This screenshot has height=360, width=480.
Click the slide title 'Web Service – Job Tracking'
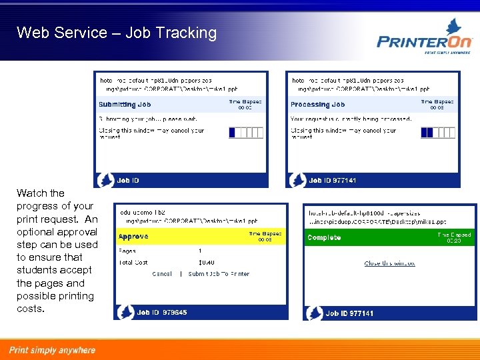[x=117, y=33]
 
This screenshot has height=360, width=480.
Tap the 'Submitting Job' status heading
[x=125, y=105]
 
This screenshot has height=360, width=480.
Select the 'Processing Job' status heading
[x=317, y=105]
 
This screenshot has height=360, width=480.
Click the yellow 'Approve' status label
[x=133, y=237]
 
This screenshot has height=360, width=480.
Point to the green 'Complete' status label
[x=324, y=237]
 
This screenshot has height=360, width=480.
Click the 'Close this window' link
[x=389, y=263]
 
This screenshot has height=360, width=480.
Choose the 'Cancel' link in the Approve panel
[x=162, y=274]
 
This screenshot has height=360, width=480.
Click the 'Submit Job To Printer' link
[x=219, y=274]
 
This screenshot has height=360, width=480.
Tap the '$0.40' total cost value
[x=206, y=263]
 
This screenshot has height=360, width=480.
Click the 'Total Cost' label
[x=133, y=263]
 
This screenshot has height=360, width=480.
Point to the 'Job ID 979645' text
[x=161, y=312]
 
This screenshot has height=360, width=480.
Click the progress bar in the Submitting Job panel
[x=246, y=132]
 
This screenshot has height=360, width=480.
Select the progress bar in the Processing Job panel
[x=438, y=132]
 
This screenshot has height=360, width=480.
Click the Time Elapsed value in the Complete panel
[x=453, y=241]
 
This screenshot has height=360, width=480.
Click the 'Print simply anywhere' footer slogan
[x=52, y=350]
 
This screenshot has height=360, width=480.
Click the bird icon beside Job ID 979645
[x=125, y=311]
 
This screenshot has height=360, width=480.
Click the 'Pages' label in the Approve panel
[x=127, y=251]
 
